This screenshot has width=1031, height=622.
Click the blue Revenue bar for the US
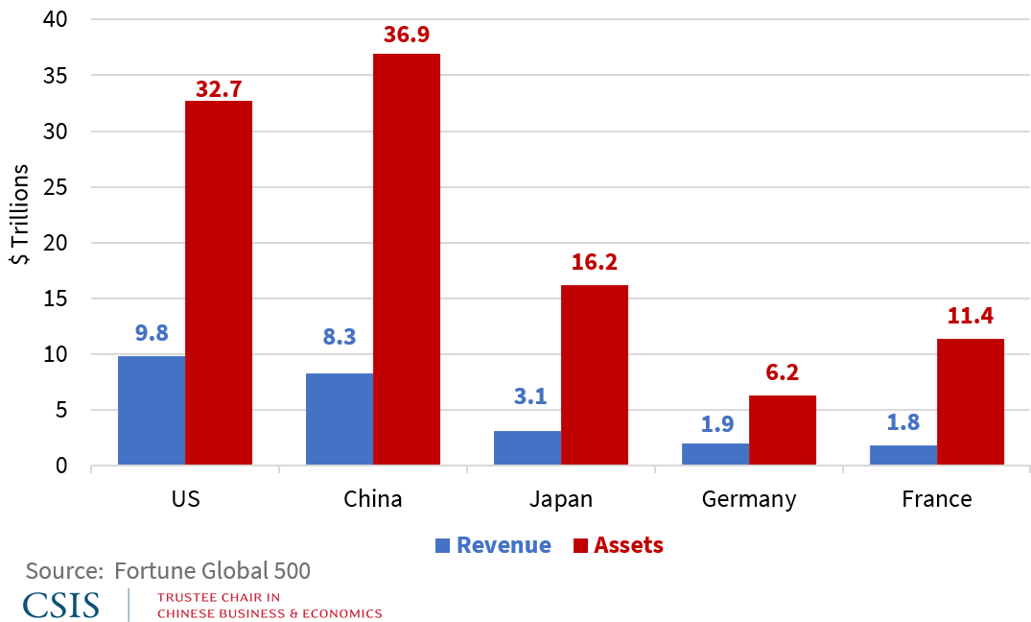(152, 411)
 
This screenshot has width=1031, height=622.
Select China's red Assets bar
(407, 259)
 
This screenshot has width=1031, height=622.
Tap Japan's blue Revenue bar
(527, 448)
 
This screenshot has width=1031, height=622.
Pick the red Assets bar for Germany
(783, 430)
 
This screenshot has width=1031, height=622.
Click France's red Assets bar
(971, 402)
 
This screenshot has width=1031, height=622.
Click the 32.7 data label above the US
(219, 89)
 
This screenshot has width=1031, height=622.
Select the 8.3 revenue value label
(340, 337)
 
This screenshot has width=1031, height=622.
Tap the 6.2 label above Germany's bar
(783, 372)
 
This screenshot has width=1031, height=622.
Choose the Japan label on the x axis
(561, 499)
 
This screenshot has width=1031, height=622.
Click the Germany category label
(749, 499)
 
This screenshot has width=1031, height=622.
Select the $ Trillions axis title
(20, 218)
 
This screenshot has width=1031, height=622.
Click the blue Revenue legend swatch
(442, 546)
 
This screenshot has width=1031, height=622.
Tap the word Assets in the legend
(628, 545)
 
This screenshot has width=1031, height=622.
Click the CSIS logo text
(61, 605)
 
